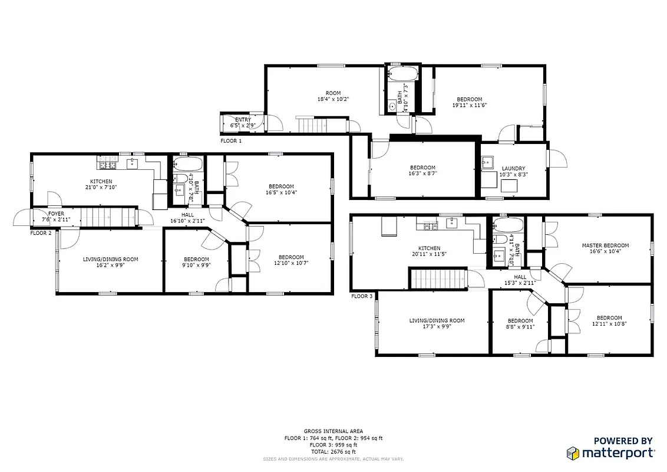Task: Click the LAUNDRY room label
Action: (x=512, y=168)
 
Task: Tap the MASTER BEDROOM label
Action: (x=605, y=245)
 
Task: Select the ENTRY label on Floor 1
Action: (x=243, y=120)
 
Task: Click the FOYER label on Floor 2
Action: (x=57, y=214)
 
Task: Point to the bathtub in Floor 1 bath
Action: (x=404, y=75)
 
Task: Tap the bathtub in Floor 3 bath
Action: (x=508, y=225)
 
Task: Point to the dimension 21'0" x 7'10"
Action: (x=101, y=188)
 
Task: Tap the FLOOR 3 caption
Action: (x=362, y=296)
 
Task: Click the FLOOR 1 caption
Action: (x=231, y=141)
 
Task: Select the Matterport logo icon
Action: (x=573, y=453)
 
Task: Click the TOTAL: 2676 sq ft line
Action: (x=333, y=451)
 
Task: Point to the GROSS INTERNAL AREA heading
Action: (x=333, y=431)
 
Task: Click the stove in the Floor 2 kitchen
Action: (x=107, y=159)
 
